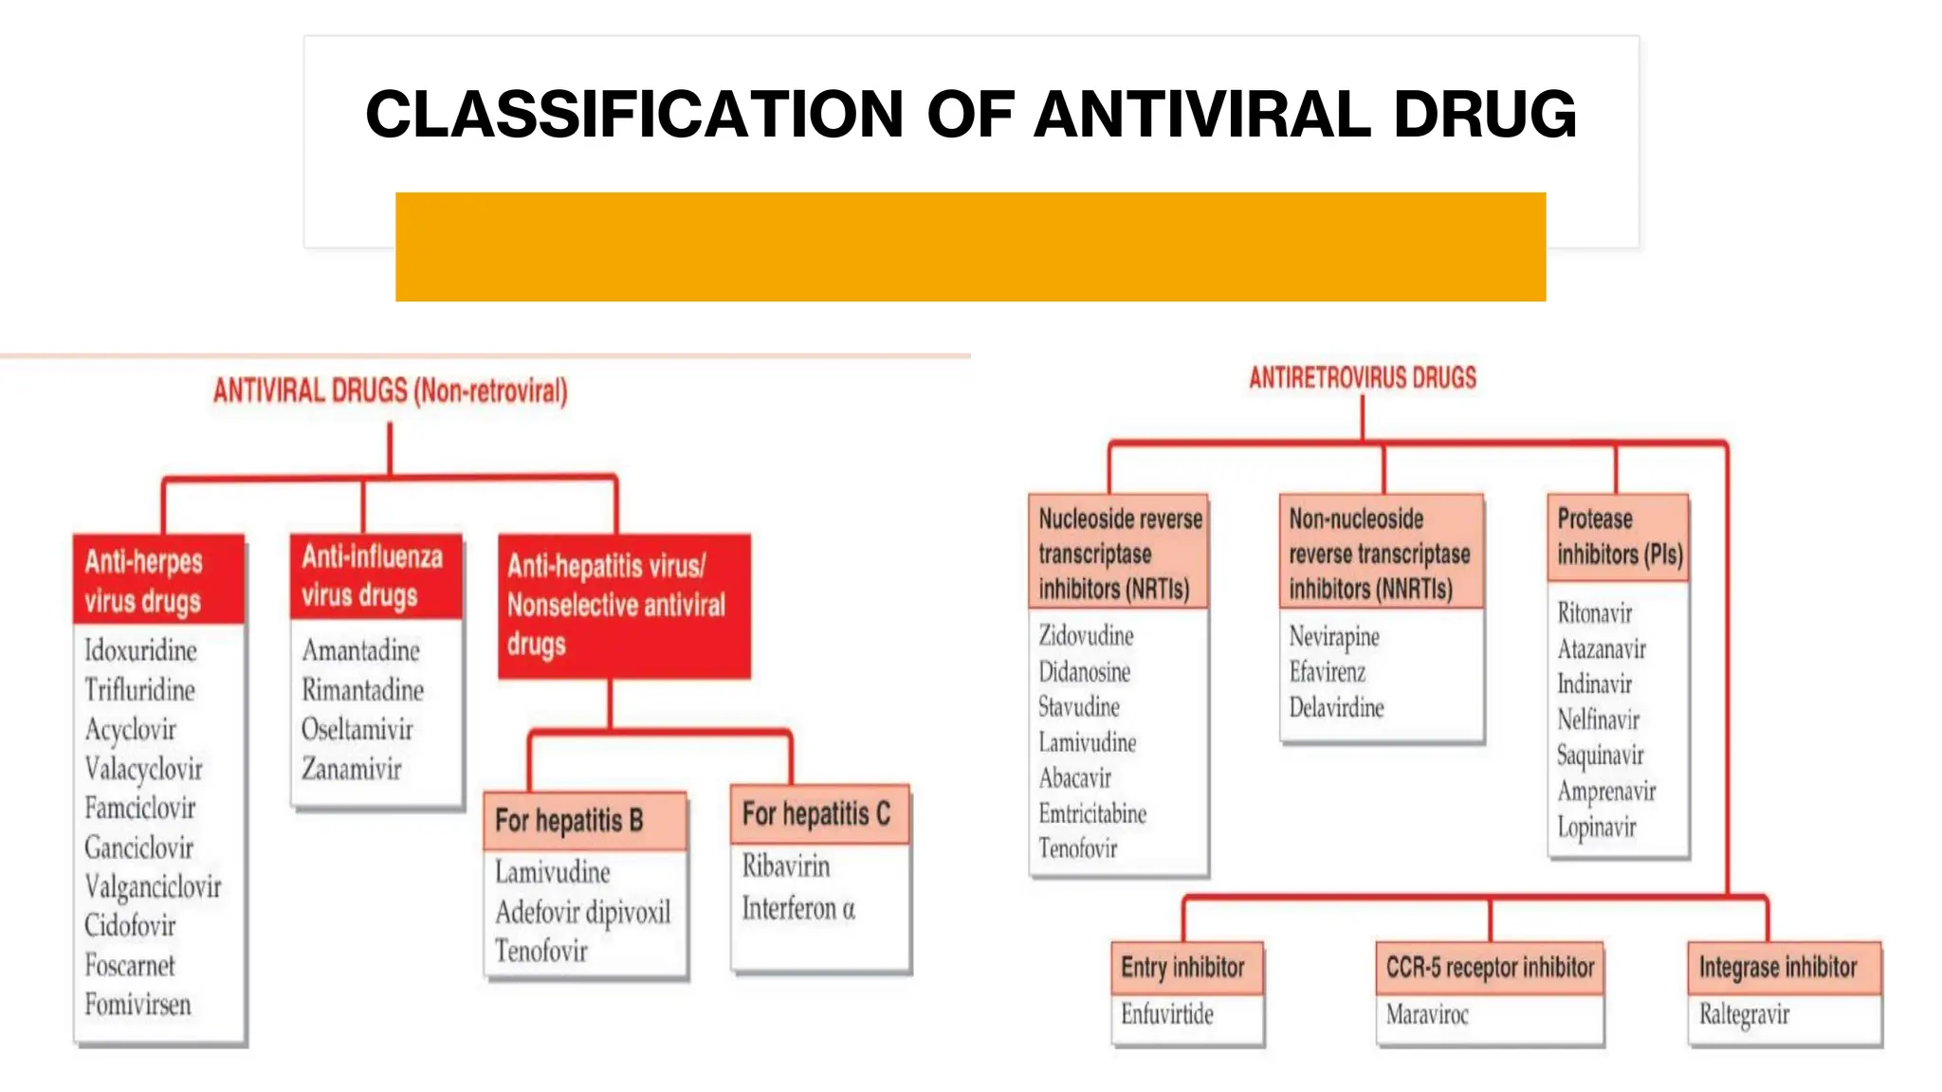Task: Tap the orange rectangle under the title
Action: [970, 246]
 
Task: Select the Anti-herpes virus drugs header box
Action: [158, 580]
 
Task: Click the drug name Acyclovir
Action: [130, 729]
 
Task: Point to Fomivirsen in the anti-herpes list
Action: [137, 1004]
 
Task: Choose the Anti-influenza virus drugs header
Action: [375, 575]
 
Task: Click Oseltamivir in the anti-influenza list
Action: [357, 729]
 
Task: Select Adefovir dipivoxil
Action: [582, 912]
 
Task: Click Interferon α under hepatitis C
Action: [797, 908]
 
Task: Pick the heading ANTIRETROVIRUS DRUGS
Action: [1362, 378]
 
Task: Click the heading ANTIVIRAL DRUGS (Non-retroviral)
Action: [390, 391]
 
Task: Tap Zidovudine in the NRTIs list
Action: [1086, 635]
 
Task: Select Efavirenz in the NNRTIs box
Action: [1327, 672]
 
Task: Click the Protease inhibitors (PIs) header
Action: [1618, 537]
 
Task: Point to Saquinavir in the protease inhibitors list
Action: [1600, 755]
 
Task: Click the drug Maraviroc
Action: [1426, 1015]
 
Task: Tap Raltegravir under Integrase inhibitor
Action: [1743, 1015]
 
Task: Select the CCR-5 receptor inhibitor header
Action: [1489, 968]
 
